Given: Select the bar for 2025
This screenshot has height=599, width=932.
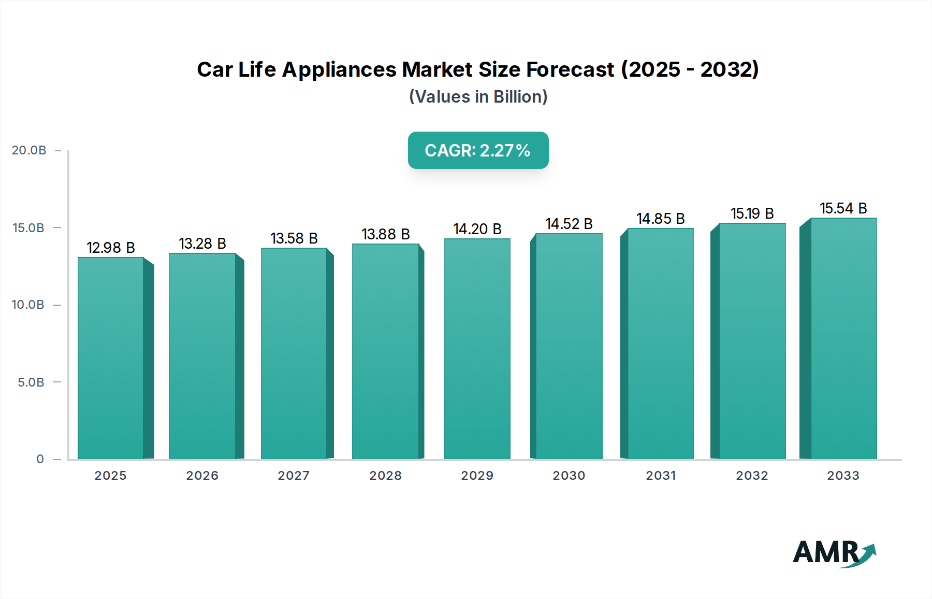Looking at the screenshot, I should click(111, 358).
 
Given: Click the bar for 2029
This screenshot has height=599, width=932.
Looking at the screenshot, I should click(477, 348).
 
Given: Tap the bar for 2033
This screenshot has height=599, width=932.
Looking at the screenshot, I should click(843, 338).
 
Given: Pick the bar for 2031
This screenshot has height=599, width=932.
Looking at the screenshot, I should click(660, 343).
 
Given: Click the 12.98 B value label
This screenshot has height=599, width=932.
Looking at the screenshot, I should click(111, 248).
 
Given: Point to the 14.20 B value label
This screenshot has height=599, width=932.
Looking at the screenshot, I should click(477, 229).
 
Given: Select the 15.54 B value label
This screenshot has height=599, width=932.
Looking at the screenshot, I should click(843, 208).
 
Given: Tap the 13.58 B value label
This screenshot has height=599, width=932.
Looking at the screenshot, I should click(294, 238).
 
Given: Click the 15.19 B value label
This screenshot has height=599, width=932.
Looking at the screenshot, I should click(752, 213).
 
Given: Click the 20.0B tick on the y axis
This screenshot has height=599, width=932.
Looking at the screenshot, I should click(29, 150).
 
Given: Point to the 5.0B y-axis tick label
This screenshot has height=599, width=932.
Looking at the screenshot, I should click(31, 382).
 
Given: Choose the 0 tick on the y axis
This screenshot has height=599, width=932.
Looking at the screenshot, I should click(40, 459).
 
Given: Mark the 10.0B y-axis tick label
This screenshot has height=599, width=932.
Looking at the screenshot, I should click(28, 305).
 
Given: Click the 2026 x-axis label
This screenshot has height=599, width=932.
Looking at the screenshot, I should click(202, 476).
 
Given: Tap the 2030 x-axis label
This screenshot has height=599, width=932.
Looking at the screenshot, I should click(569, 476).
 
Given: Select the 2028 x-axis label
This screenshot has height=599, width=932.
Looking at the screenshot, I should click(386, 476).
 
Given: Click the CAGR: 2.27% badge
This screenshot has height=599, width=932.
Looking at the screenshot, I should click(478, 150).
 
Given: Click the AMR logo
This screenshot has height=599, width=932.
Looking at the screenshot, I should click(834, 553).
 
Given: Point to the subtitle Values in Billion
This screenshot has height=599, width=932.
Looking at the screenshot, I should click(478, 97).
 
